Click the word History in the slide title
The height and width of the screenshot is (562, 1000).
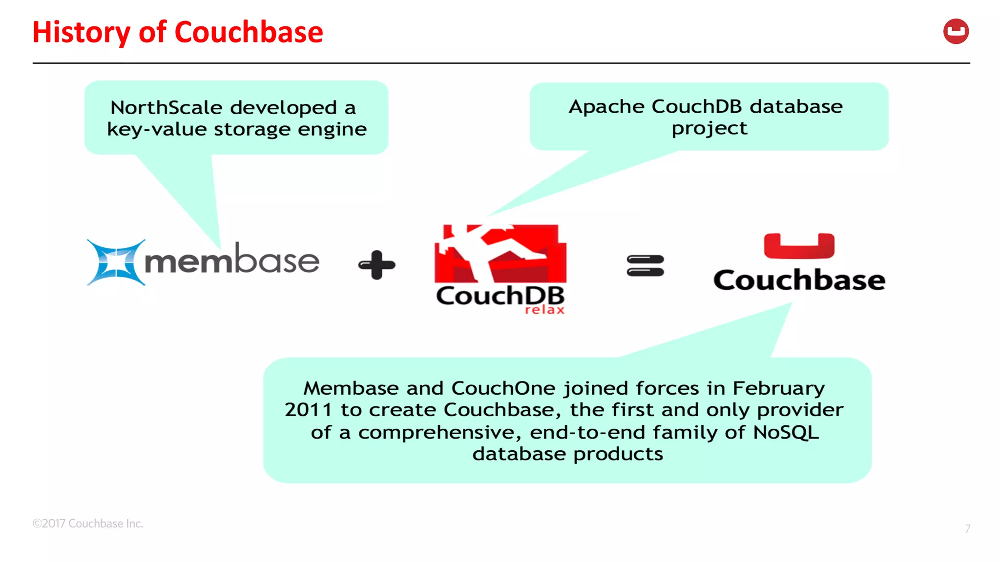tap(81, 32)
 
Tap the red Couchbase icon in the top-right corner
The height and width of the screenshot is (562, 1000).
tap(956, 32)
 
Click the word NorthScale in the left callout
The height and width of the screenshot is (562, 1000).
tap(166, 107)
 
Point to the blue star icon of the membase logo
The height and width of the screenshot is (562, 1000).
tap(115, 262)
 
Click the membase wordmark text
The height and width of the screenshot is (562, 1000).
tap(232, 260)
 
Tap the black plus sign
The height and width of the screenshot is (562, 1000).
tap(376, 265)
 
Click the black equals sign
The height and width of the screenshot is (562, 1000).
tap(645, 265)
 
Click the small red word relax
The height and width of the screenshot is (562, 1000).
tap(544, 310)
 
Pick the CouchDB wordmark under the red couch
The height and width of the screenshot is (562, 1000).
tap(500, 296)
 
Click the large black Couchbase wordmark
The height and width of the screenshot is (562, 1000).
tap(799, 280)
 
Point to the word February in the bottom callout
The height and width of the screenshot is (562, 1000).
tap(778, 388)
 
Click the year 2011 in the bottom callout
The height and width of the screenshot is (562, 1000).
tap(308, 410)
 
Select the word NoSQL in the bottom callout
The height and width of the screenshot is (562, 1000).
tap(786, 432)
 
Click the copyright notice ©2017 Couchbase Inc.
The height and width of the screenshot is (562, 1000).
tap(88, 523)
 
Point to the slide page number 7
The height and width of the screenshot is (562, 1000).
tap(967, 528)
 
